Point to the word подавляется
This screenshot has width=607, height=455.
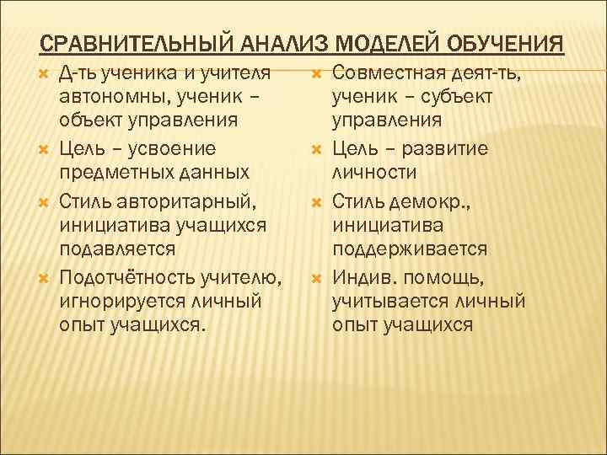pyautogui.click(x=117, y=249)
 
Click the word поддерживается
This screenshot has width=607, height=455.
pyautogui.click(x=409, y=249)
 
